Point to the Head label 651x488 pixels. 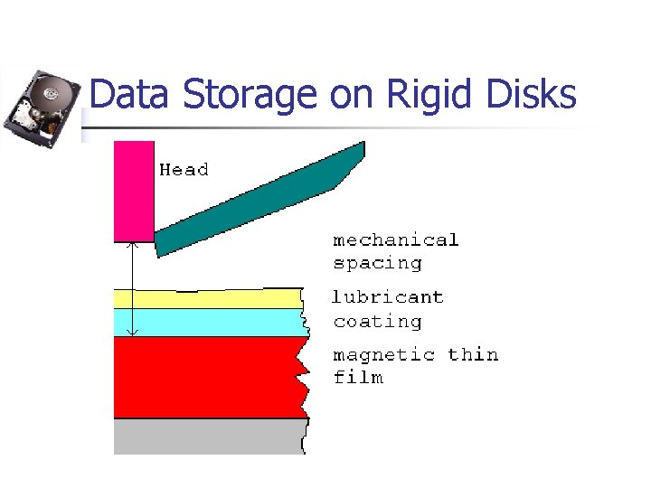click(x=184, y=169)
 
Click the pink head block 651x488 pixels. click(x=134, y=191)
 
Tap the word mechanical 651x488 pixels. click(x=396, y=239)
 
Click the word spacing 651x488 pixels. click(x=377, y=263)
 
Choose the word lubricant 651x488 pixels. click(x=388, y=296)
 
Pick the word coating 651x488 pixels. click(x=377, y=321)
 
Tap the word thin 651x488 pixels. click(x=473, y=354)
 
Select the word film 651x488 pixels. click(x=358, y=377)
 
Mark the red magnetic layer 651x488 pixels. click(x=208, y=377)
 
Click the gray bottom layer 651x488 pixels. click(x=208, y=436)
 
